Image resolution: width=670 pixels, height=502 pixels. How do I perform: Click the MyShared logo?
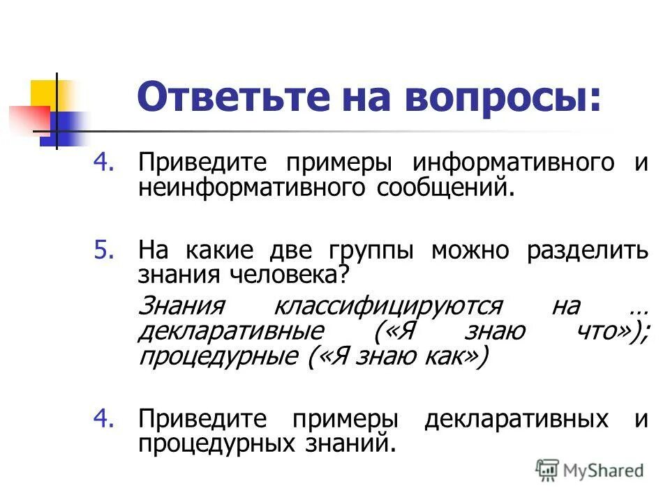(x=590, y=470)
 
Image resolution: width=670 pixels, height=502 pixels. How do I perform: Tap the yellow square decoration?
(x=44, y=94)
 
